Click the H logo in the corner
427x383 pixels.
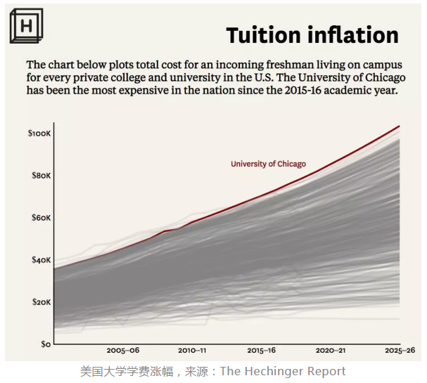(x=25, y=26)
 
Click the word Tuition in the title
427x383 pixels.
(x=265, y=35)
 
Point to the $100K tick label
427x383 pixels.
(x=38, y=134)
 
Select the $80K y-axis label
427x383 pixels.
(x=39, y=176)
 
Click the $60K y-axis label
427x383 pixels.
(x=39, y=218)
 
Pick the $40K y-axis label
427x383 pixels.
(x=39, y=260)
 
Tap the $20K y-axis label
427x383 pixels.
(x=39, y=302)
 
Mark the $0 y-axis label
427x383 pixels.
(x=44, y=344)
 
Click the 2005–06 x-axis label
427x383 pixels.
(x=123, y=350)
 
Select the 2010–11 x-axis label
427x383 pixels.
(x=192, y=350)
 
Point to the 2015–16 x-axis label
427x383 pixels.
(x=261, y=350)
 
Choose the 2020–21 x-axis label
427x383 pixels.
(x=330, y=350)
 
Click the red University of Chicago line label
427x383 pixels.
(x=268, y=164)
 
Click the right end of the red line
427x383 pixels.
(x=400, y=126)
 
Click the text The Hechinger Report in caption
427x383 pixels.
(x=282, y=371)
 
